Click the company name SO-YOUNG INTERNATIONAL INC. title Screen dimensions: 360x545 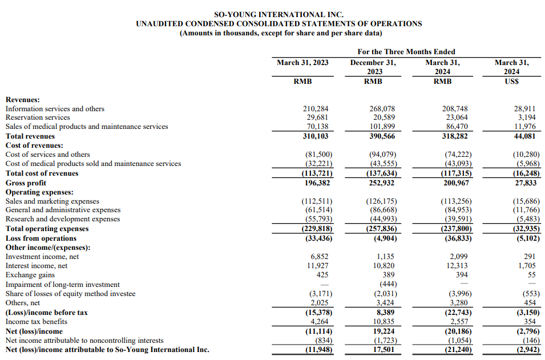click(x=278, y=14)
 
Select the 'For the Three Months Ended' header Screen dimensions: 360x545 click(x=406, y=51)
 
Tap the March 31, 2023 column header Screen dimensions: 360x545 click(x=302, y=62)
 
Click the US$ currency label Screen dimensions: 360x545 click(x=511, y=81)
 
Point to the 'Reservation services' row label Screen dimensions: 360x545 click(x=38, y=118)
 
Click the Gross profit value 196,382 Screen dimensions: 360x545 click(x=317, y=183)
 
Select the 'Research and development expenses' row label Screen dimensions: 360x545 click(x=63, y=219)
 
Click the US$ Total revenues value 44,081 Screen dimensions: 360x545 click(x=526, y=136)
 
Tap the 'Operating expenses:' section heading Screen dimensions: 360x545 click(x=39, y=192)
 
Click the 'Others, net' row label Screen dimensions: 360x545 click(x=23, y=303)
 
